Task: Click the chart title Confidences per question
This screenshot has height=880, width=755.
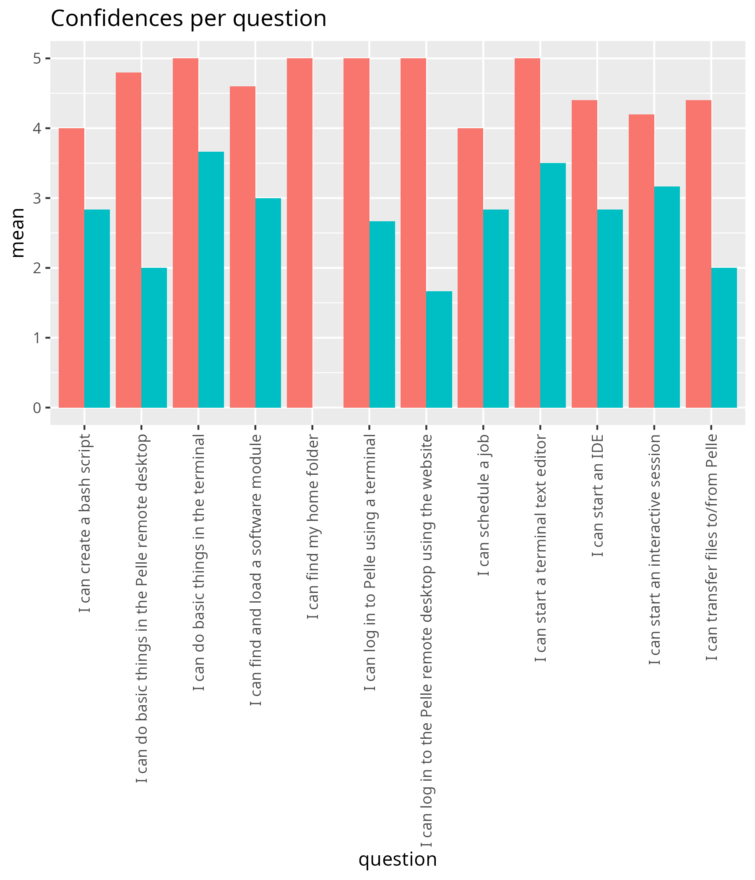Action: [x=188, y=19]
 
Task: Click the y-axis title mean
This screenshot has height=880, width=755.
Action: [x=18, y=232]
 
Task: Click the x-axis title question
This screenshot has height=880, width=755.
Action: [x=397, y=859]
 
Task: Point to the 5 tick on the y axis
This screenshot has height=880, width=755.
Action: [x=37, y=59]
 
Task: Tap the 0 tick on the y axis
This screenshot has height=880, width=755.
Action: [x=37, y=408]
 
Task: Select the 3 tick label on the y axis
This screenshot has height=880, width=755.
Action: [x=37, y=198]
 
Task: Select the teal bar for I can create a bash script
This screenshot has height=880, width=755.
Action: [x=97, y=308]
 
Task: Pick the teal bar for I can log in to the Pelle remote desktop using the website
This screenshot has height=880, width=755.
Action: [x=439, y=349]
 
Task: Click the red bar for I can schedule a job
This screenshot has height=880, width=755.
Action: [x=470, y=268]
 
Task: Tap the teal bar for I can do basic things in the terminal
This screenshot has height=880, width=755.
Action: [x=211, y=280]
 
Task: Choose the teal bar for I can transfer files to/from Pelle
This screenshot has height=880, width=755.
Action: [x=724, y=338]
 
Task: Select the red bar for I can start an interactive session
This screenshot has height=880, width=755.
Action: [x=641, y=261]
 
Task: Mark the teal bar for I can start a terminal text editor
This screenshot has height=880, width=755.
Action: [x=553, y=285]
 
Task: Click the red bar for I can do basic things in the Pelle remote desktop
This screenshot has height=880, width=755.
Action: [x=128, y=240]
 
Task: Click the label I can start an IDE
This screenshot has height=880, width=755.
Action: [x=597, y=495]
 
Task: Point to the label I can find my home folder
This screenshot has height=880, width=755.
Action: [x=312, y=526]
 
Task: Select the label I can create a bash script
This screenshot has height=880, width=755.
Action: [x=85, y=523]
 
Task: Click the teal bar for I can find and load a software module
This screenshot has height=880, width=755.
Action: [x=268, y=303]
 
